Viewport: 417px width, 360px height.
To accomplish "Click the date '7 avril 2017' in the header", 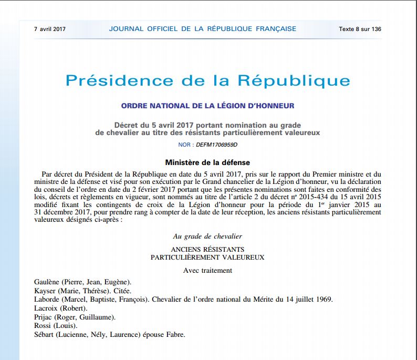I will coord(49,29).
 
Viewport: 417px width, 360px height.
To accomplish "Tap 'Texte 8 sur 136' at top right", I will coord(360,29).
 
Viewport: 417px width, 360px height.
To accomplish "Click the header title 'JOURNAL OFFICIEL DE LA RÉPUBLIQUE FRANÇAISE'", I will coord(202,29).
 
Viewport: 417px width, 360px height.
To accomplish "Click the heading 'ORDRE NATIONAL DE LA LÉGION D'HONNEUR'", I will coord(207,106).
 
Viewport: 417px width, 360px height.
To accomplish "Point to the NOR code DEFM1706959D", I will coord(217,144).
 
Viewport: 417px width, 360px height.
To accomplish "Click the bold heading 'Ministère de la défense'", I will coord(207,163).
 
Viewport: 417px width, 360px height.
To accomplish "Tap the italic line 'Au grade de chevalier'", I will coord(207,236).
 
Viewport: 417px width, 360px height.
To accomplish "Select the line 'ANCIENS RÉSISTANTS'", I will coord(207,249).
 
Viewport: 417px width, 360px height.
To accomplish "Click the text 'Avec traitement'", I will coord(207,271).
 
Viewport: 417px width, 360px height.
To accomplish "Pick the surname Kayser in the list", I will coord(45,291).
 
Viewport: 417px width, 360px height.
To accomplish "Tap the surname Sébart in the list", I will coord(45,335).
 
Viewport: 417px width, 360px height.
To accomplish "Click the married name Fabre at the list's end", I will coord(175,335).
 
